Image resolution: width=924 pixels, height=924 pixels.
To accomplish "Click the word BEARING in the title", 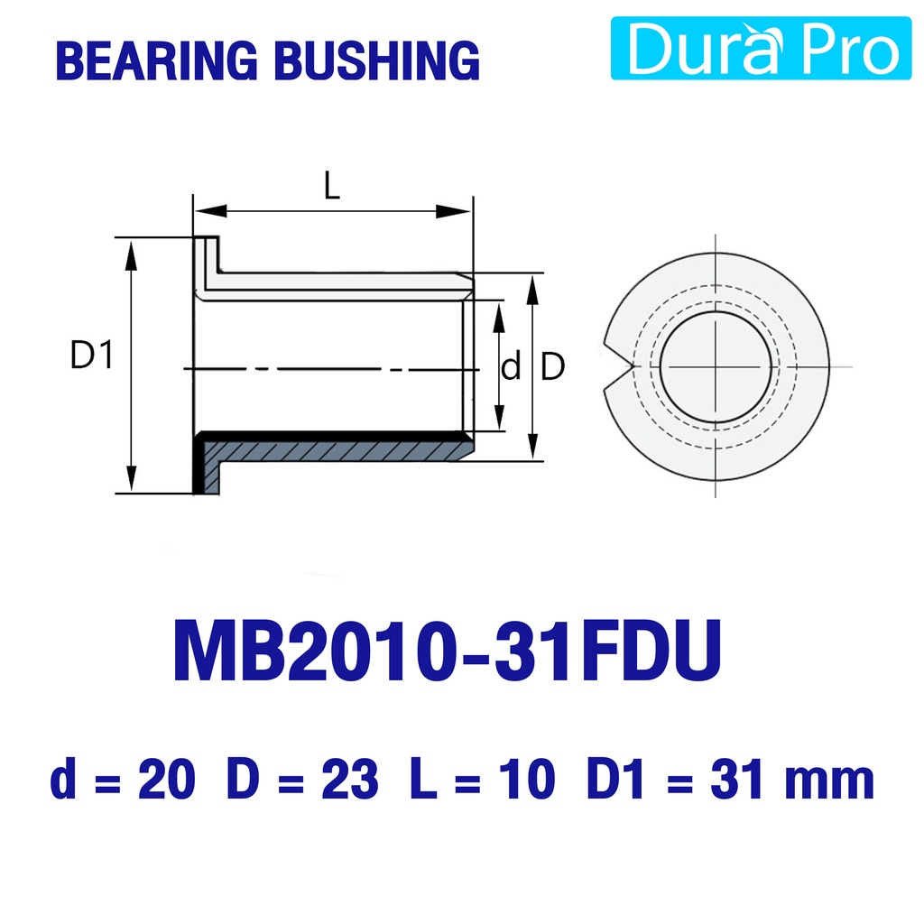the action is [x=157, y=60].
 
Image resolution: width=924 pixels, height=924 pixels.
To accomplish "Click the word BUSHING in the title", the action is [x=378, y=60].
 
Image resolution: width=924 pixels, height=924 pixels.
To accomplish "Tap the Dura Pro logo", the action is [x=761, y=48].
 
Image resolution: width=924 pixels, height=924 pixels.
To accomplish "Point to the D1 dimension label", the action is [x=91, y=355].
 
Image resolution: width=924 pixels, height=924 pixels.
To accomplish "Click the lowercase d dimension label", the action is [x=511, y=366].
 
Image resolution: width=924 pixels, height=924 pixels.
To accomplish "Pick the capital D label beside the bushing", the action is [x=552, y=366].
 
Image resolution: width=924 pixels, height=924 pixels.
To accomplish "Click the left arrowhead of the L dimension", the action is [x=210, y=211].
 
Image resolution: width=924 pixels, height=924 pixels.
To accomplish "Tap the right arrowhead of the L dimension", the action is [x=454, y=211].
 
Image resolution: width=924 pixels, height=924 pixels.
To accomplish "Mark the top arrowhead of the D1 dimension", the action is [x=131, y=254].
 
